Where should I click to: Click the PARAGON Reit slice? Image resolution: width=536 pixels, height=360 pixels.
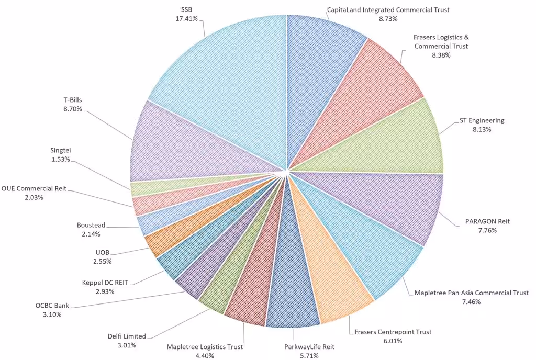(398, 204)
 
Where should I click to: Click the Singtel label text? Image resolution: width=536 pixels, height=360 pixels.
(60, 150)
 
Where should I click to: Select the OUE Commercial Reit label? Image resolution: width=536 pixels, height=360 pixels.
(34, 188)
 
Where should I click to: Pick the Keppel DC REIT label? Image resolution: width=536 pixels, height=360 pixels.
(105, 282)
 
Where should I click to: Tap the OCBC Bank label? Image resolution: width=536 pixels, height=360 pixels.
(52, 306)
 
